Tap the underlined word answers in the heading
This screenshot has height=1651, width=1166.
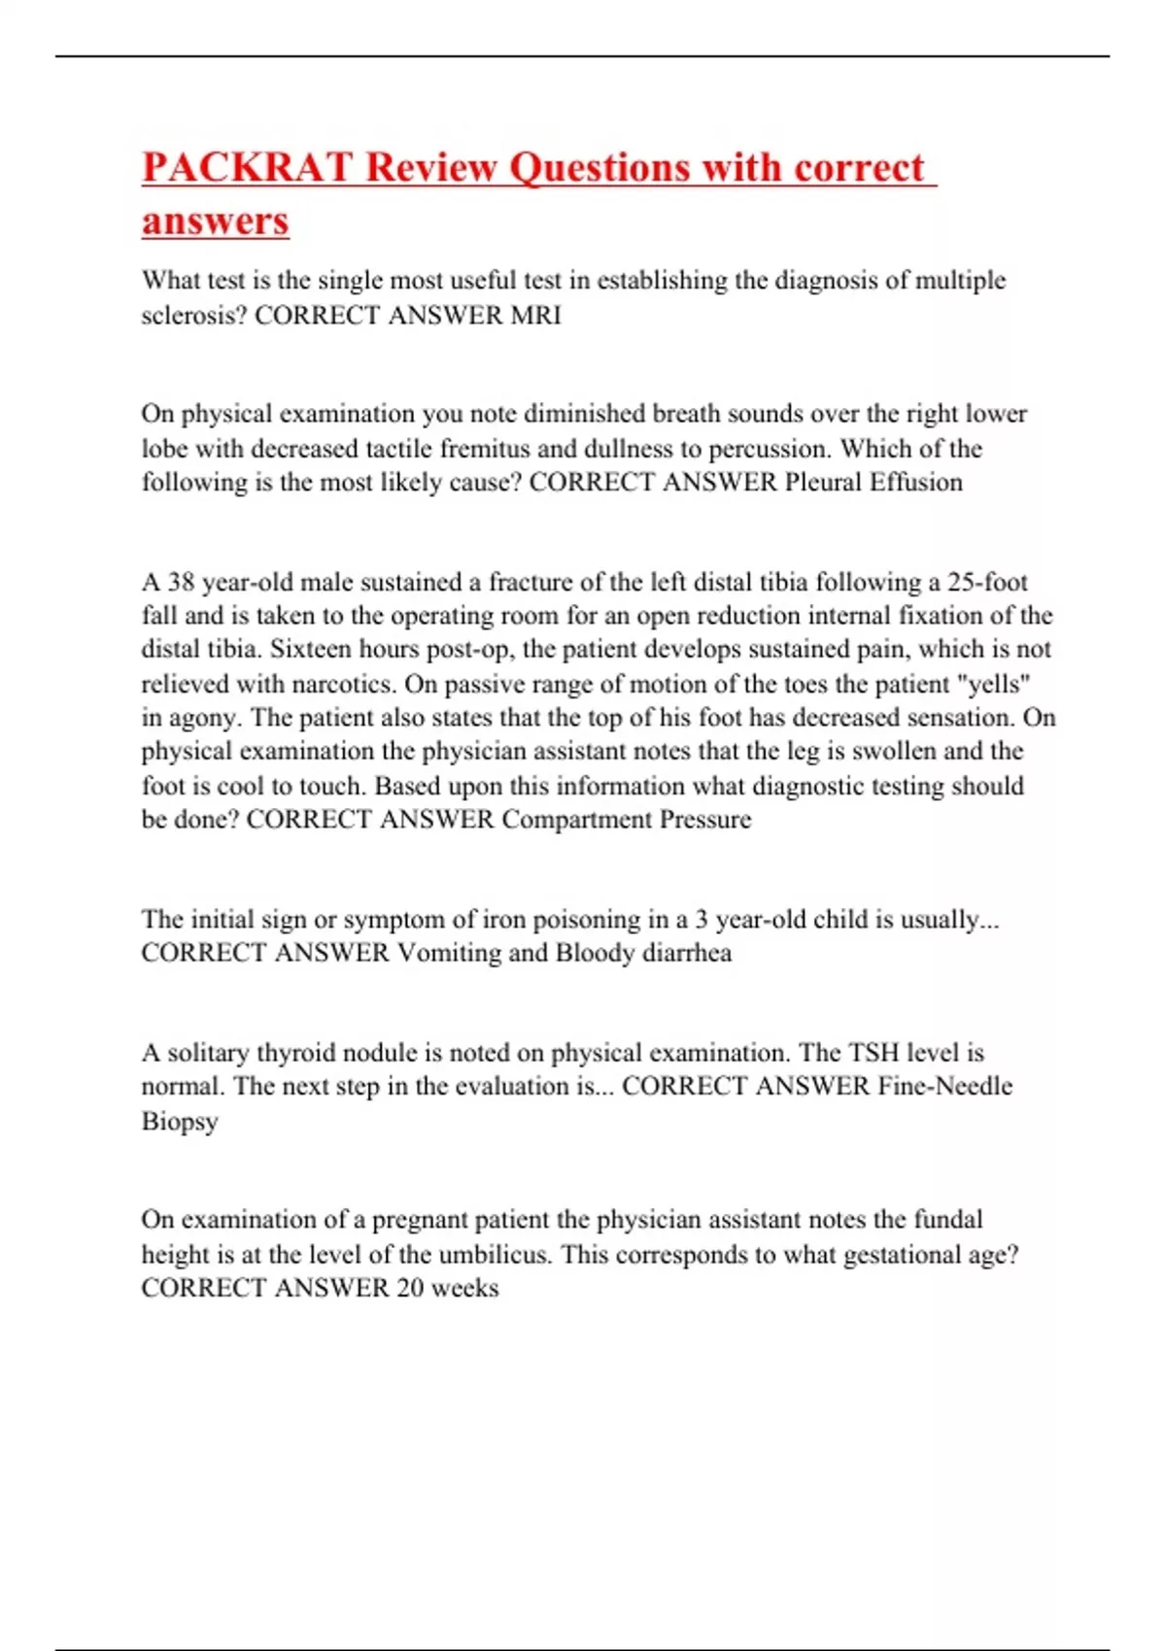pyautogui.click(x=216, y=220)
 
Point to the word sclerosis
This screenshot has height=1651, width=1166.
pyautogui.click(x=193, y=315)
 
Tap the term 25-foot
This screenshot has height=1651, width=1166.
pyautogui.click(x=987, y=583)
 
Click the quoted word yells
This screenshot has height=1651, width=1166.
pyautogui.click(x=994, y=684)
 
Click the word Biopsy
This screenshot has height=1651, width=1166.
pyautogui.click(x=180, y=1121)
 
